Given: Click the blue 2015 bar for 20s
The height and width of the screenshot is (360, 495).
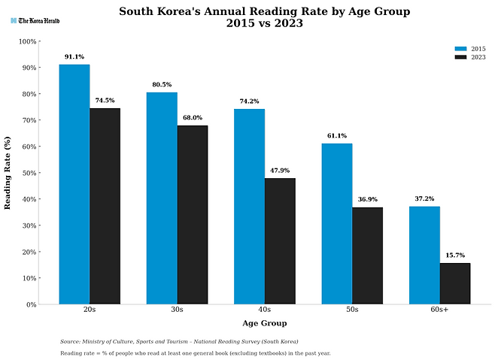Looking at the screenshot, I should point(74,184).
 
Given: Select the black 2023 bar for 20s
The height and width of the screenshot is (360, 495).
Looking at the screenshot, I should point(105,206).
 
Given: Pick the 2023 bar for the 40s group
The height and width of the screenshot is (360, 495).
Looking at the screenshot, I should point(280,241).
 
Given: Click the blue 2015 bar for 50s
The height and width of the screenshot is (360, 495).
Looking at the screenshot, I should point(337,223).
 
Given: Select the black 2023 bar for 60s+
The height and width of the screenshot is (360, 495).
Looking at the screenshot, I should point(454,283).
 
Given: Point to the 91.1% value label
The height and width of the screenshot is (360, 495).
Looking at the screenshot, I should point(74,56).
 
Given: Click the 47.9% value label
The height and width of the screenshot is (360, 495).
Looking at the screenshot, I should point(280,171).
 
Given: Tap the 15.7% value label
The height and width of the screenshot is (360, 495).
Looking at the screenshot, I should point(454,255).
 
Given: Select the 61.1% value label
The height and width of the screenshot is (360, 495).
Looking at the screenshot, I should point(337,136).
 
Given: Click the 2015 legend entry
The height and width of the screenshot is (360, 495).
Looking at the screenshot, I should point(469,49).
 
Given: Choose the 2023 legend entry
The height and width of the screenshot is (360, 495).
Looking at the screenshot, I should point(469,57).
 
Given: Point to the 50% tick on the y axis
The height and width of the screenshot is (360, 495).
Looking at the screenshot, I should point(28,173).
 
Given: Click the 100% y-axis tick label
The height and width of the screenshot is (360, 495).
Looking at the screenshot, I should point(26,41).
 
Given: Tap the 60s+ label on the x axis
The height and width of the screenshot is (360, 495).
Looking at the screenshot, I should point(439,310).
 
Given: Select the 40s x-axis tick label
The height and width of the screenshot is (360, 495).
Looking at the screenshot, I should point(265,310).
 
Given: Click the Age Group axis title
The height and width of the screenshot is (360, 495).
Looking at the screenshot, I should point(264,323).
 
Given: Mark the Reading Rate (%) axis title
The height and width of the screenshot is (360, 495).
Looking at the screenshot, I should point(8,173).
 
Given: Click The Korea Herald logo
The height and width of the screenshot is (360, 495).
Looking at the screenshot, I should point(35,20).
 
